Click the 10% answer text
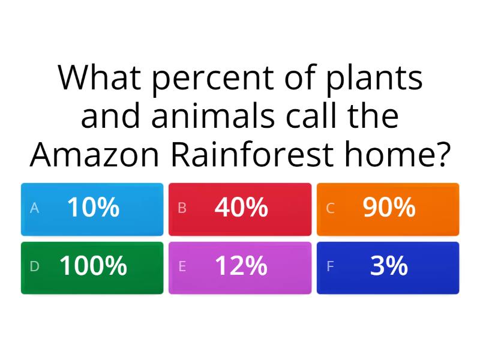(x=93, y=208)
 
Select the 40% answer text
(x=241, y=208)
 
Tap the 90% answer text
(x=389, y=208)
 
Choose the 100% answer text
(x=93, y=266)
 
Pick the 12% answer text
(x=241, y=266)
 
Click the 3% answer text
(x=389, y=266)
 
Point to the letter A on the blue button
(x=34, y=208)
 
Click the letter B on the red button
(x=182, y=208)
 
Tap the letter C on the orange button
(x=330, y=208)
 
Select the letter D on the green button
(x=34, y=266)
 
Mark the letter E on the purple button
(x=182, y=266)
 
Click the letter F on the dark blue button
(x=330, y=266)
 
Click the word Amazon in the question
(x=97, y=155)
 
